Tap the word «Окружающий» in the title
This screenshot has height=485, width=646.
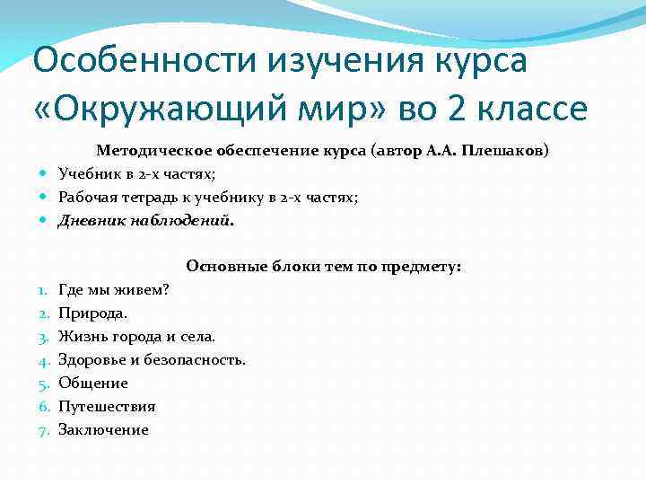167,108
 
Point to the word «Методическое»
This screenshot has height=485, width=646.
147,151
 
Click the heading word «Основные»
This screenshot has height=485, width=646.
218,266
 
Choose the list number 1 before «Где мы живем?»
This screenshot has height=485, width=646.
43,290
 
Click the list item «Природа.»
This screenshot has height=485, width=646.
92,313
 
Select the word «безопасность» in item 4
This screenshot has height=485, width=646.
198,360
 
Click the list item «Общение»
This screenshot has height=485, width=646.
92,384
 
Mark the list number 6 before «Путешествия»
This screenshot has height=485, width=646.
43,407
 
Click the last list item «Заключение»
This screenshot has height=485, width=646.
103,430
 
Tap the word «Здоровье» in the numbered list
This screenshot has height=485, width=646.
92,360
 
